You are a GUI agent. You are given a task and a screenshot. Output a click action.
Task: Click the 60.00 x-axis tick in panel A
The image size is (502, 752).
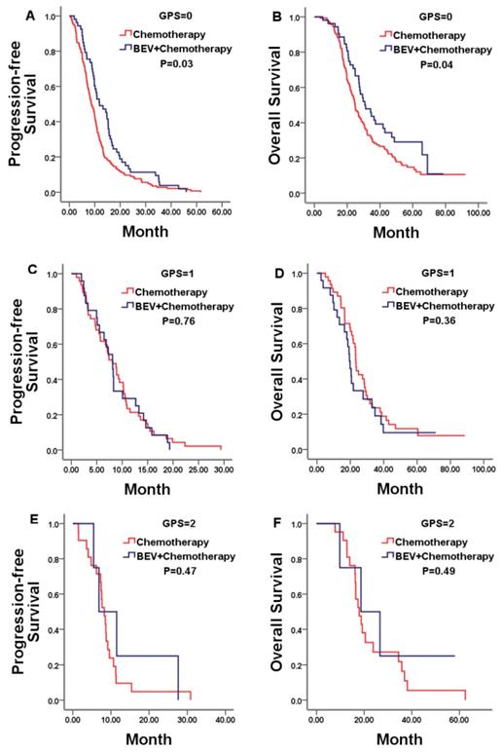click(x=221, y=209)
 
